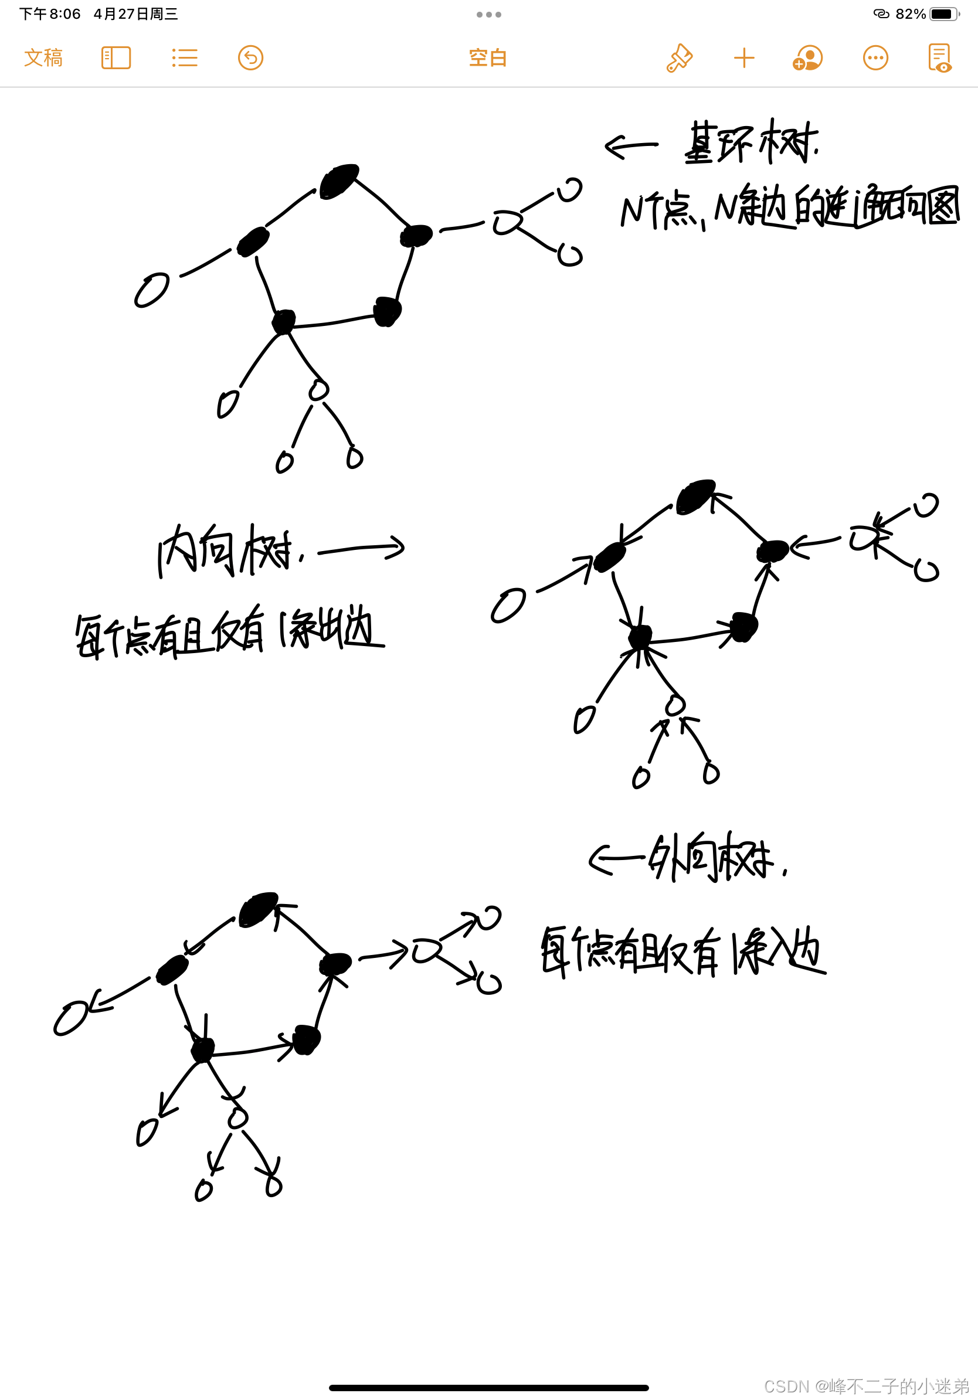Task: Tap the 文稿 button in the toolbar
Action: pyautogui.click(x=43, y=58)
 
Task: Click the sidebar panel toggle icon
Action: pyautogui.click(x=116, y=58)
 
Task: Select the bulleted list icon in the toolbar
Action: pyautogui.click(x=184, y=58)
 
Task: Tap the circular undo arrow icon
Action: pyautogui.click(x=250, y=58)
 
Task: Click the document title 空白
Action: pyautogui.click(x=488, y=58)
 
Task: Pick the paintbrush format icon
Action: pyautogui.click(x=679, y=58)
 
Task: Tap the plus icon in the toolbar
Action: pyautogui.click(x=744, y=59)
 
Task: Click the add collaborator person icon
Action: pyautogui.click(x=808, y=59)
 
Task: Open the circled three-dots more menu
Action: pyautogui.click(x=875, y=58)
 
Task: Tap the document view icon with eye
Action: pyautogui.click(x=939, y=59)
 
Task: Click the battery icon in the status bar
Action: pyautogui.click(x=943, y=14)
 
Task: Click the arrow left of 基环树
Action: pyautogui.click(x=631, y=147)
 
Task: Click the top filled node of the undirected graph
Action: pyautogui.click(x=339, y=181)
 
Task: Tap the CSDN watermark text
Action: pyautogui.click(x=867, y=1386)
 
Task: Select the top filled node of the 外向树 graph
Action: pyautogui.click(x=259, y=909)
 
